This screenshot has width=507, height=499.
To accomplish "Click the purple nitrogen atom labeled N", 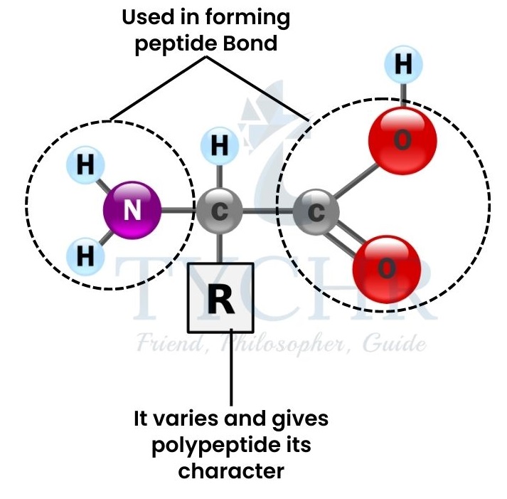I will point(132,211).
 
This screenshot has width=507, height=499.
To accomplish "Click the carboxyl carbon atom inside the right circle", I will point(316,211).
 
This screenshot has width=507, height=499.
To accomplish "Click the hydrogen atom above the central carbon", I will point(220,147).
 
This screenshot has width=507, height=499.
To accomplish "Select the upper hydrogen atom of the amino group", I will point(85,165).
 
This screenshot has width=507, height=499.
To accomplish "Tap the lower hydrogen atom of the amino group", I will point(85,255).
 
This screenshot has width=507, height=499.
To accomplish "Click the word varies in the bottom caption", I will point(185,419).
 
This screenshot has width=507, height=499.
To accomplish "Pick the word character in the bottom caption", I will point(230,471).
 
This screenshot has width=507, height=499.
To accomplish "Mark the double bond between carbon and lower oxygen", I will point(347,235).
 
